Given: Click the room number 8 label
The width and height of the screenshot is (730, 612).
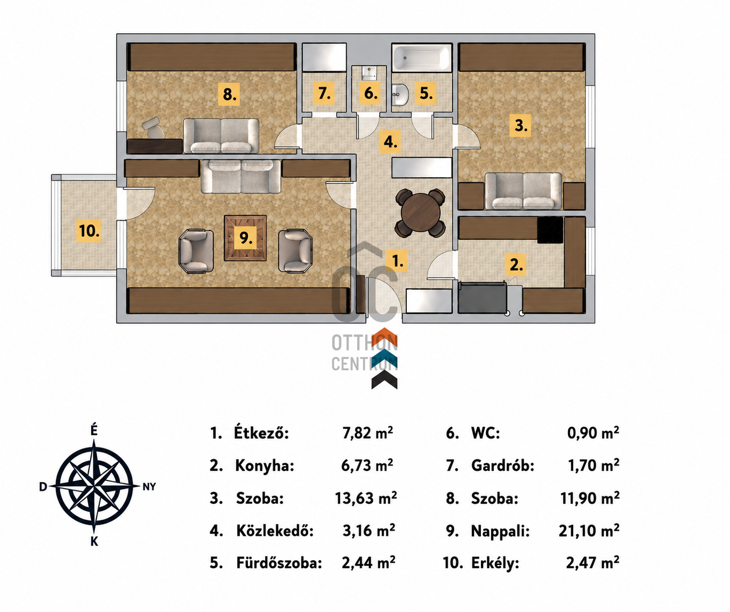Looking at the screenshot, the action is (x=229, y=94).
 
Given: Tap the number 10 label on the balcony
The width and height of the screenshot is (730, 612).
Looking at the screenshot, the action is (x=89, y=231).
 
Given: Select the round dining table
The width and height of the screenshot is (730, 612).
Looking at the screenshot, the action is (x=421, y=213).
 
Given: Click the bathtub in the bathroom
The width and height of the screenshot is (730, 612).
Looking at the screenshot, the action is (x=422, y=58).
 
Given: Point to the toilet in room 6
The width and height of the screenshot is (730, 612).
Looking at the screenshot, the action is (x=369, y=74).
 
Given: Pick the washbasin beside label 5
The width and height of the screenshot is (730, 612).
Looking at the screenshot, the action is (x=400, y=95).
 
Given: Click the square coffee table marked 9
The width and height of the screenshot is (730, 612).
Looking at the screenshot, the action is (x=245, y=238).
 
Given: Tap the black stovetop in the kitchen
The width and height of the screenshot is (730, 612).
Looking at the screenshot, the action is (x=550, y=230).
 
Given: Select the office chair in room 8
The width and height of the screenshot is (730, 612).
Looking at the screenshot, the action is (x=153, y=128).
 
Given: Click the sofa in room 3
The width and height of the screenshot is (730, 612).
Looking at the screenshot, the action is (x=523, y=191).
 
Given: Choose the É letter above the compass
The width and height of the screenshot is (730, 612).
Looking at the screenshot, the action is (x=94, y=430).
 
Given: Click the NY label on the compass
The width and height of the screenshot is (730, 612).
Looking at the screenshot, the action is (x=149, y=487).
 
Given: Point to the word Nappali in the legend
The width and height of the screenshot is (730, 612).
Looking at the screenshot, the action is (x=500, y=531).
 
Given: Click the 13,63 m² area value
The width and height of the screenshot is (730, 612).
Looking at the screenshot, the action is (x=366, y=498).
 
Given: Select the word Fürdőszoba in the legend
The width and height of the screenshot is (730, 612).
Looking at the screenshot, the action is (x=279, y=563).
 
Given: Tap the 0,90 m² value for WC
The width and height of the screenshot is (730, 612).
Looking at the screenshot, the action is (x=593, y=433).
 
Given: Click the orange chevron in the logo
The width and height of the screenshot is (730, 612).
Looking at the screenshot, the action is (x=384, y=337).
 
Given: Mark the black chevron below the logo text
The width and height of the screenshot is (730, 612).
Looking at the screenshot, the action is (x=384, y=380).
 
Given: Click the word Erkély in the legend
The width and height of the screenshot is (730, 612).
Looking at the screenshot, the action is (x=495, y=564).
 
